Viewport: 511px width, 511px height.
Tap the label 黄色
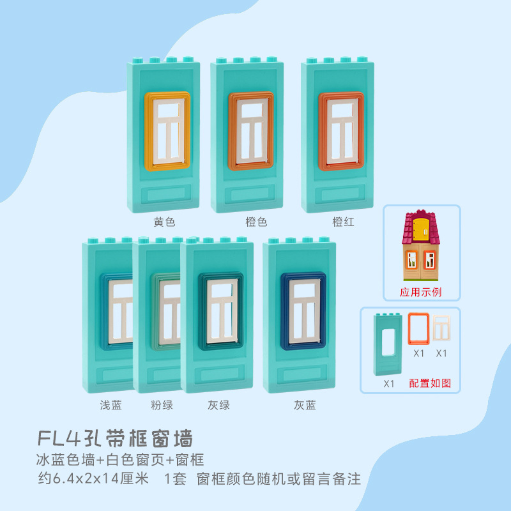(164, 222)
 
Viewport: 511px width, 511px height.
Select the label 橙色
(256, 222)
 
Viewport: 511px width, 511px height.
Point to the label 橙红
(343, 222)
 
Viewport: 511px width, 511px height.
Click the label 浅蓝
(111, 405)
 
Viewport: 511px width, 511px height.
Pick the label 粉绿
(162, 405)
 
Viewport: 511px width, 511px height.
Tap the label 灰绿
(218, 405)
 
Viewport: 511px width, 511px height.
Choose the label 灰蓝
(305, 405)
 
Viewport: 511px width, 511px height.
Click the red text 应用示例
(421, 292)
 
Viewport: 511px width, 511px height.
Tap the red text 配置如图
(430, 383)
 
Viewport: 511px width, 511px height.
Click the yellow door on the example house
(421, 229)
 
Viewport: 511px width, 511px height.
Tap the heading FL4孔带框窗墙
(115, 439)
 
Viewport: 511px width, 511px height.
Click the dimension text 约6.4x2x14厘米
(94, 478)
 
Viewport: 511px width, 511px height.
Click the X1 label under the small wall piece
(389, 383)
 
